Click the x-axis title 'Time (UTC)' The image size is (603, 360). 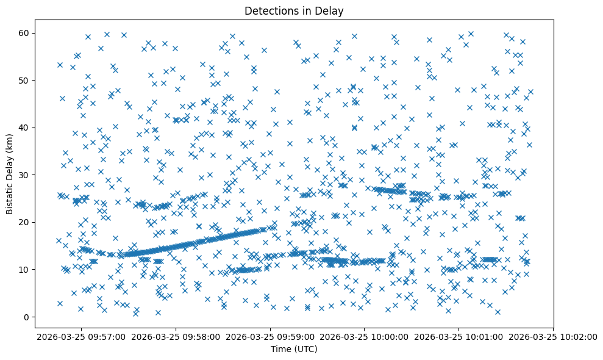tap(294, 349)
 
